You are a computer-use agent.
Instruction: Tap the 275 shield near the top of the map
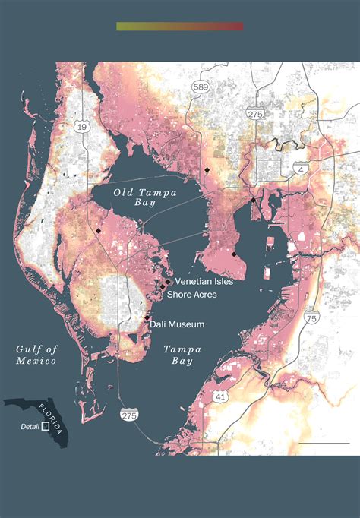254,112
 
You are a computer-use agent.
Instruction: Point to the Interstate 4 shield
303,169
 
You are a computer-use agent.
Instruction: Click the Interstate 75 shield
311,298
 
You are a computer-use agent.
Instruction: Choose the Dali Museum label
176,324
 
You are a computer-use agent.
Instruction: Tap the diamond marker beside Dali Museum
147,317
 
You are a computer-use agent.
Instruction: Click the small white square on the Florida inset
46,428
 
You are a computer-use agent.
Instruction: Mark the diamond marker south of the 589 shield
207,169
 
